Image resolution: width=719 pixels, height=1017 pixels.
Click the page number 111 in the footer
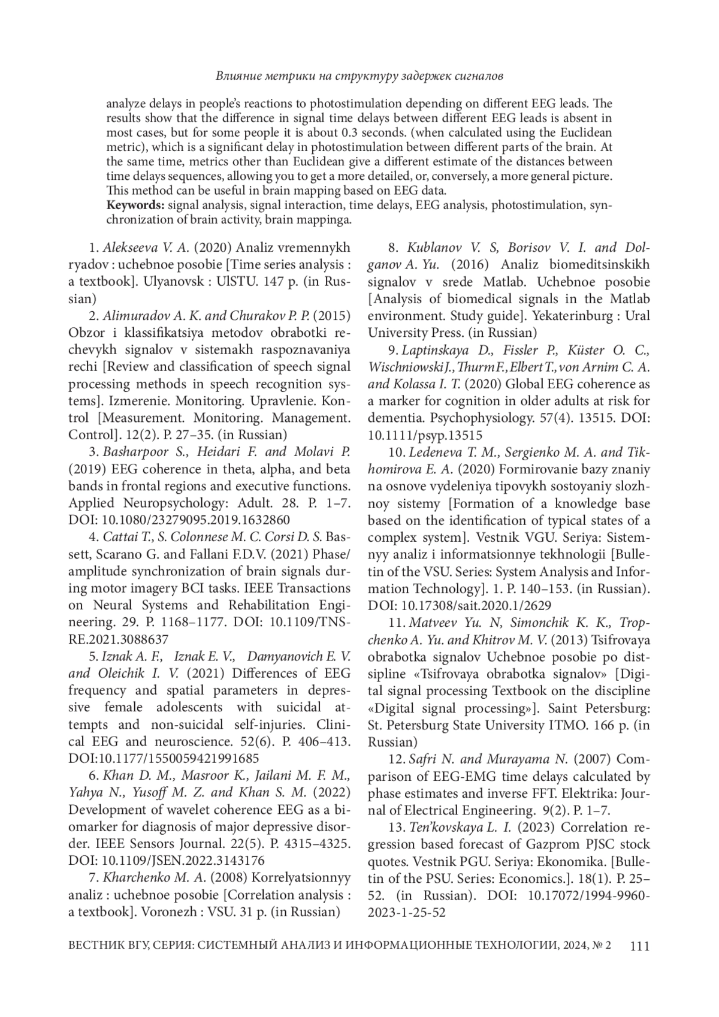click(x=640, y=946)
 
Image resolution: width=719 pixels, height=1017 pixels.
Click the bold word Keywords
click(x=135, y=206)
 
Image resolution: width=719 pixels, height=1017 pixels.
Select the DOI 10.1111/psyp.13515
click(x=425, y=435)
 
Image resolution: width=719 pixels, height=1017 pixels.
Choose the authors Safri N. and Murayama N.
click(x=487, y=759)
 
